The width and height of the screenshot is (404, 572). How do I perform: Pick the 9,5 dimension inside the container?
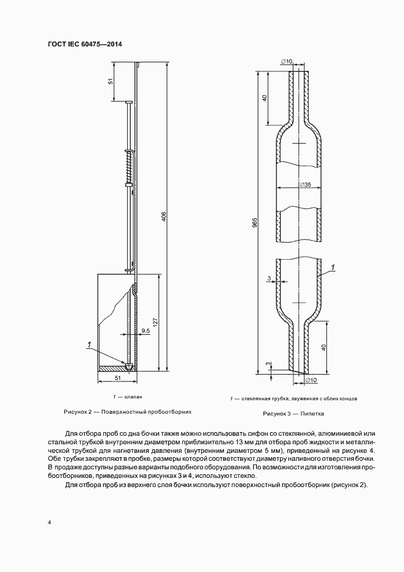[145, 331]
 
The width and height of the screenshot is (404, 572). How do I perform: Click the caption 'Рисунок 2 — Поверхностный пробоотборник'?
[119, 412]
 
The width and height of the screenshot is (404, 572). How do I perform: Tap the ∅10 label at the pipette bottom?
[310, 380]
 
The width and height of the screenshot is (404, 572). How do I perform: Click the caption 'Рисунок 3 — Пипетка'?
[293, 414]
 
